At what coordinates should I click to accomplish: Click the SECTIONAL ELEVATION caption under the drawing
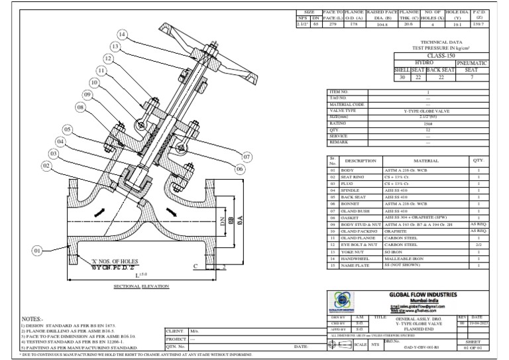point(142,285)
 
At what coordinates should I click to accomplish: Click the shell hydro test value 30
point(401,77)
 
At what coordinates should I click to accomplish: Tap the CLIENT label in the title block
point(175,330)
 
